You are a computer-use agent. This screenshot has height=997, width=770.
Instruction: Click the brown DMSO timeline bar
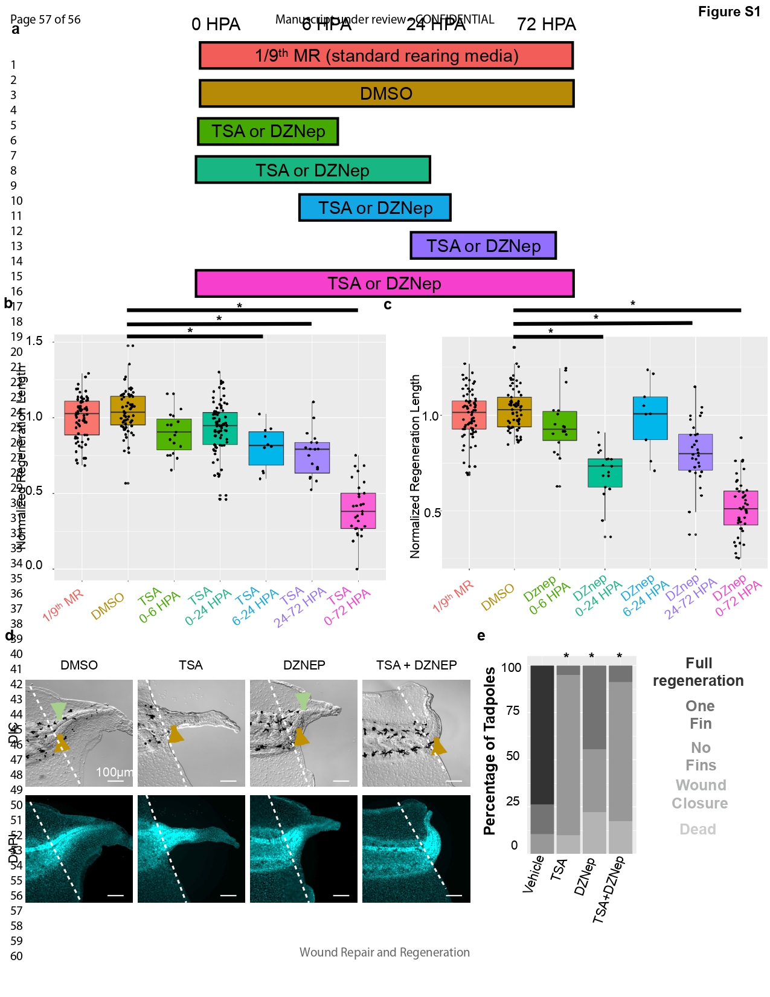point(387,94)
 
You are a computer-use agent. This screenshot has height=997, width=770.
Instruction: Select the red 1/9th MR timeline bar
point(386,56)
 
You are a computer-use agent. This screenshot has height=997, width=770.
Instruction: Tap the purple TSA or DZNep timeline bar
point(483,246)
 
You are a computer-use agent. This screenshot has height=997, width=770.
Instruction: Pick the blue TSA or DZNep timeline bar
point(375,208)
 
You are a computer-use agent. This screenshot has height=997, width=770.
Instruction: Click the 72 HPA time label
point(546,25)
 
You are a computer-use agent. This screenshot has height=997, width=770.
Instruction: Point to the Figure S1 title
point(729,12)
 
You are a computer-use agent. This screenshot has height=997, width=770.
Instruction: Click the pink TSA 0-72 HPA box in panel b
point(358,511)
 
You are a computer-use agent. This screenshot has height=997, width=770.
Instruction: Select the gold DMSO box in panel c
point(515,412)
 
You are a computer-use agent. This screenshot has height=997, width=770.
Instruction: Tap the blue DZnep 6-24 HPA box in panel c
point(650,418)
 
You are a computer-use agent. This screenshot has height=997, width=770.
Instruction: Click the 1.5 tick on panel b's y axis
point(35,341)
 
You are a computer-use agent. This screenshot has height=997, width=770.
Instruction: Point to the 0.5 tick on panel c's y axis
point(432,513)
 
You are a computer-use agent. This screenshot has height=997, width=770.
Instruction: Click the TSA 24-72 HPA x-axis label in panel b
point(300,607)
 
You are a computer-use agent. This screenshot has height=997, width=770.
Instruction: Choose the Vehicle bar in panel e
point(542,759)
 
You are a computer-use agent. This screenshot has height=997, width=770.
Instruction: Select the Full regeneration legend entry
point(699,672)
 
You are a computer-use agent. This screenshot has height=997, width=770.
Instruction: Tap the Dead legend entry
point(698,830)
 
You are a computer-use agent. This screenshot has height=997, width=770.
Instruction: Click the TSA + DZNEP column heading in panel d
point(417,665)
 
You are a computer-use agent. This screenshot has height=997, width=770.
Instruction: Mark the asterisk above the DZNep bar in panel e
point(592,657)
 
